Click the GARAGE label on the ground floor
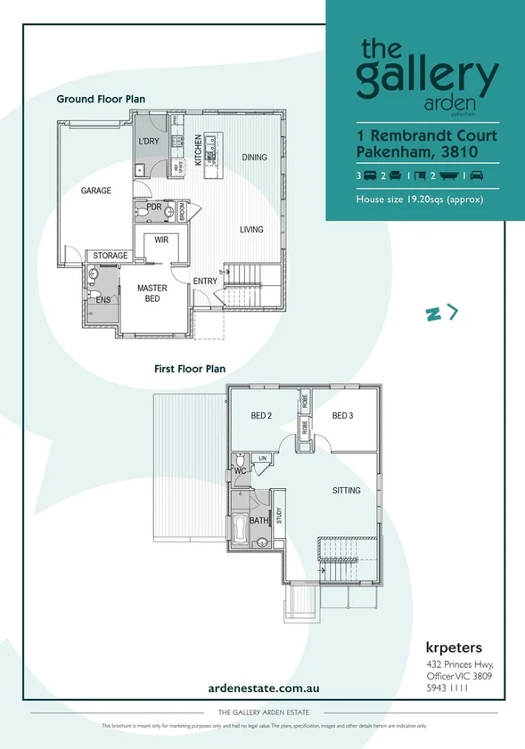pyautogui.click(x=96, y=191)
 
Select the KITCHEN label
pyautogui.click(x=199, y=146)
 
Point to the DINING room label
pyautogui.click(x=254, y=158)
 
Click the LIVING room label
pyautogui.click(x=251, y=230)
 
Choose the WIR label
pyautogui.click(x=161, y=240)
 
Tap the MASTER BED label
pyautogui.click(x=152, y=294)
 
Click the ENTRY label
pyautogui.click(x=205, y=281)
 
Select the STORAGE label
pyautogui.click(x=111, y=256)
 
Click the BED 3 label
pyautogui.click(x=344, y=416)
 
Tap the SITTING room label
pyautogui.click(x=347, y=491)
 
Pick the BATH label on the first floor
pyautogui.click(x=258, y=520)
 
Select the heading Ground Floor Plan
pyautogui.click(x=101, y=99)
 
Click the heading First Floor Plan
pyautogui.click(x=190, y=368)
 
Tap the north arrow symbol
pyautogui.click(x=442, y=312)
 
